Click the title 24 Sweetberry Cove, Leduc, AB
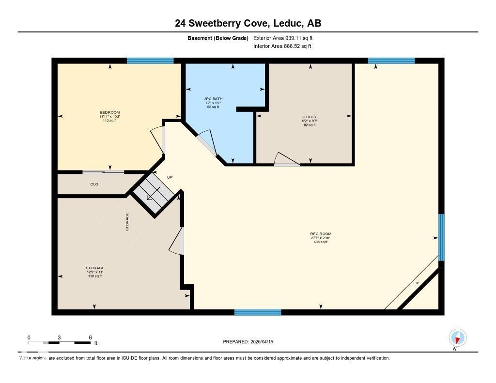pyautogui.click(x=248, y=23)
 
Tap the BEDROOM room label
pyautogui.click(x=110, y=112)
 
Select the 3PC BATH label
pyautogui.click(x=213, y=99)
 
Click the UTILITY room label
pyautogui.click(x=310, y=117)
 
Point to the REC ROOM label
pyautogui.click(x=321, y=234)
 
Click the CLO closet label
pyautogui.click(x=94, y=184)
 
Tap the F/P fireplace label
pyautogui.click(x=416, y=282)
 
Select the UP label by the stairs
pyautogui.click(x=170, y=177)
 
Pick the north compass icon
pyautogui.click(x=458, y=337)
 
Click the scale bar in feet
pyautogui.click(x=59, y=343)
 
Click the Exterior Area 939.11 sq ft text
pyautogui.click(x=286, y=38)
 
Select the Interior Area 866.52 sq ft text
pyautogui.click(x=282, y=46)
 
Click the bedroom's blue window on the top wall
pyautogui.click(x=150, y=61)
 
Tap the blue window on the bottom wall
pyautogui.click(x=258, y=312)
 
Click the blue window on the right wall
pyautogui.click(x=441, y=237)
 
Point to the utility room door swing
pyautogui.click(x=285, y=160)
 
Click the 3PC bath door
pyautogui.click(x=205, y=143)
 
